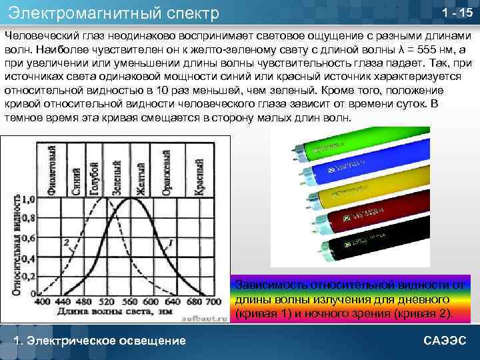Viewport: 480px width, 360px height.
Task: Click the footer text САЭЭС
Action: point(445,341)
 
